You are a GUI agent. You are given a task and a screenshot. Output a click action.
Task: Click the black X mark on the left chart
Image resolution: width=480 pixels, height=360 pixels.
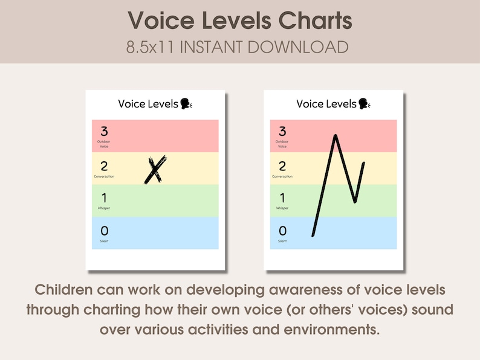coord(155,170)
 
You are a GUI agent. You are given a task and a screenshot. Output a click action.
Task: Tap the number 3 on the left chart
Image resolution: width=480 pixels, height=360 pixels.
coord(104,131)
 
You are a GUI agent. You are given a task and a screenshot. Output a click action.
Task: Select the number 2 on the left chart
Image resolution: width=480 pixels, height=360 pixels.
coord(104,166)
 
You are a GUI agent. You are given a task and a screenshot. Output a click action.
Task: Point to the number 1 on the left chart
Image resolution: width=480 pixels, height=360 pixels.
coord(104,198)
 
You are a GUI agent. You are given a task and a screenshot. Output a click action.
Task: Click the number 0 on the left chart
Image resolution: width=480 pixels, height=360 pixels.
coord(104,230)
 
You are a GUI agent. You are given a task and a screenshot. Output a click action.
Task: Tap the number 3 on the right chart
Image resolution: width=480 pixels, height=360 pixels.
coord(282,131)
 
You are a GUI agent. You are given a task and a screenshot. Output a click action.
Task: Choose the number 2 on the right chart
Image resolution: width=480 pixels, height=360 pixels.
coord(282,166)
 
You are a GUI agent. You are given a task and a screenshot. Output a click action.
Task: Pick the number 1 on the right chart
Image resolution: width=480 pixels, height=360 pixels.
coord(282,198)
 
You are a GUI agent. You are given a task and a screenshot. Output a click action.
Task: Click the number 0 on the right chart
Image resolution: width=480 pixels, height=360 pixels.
coord(282,230)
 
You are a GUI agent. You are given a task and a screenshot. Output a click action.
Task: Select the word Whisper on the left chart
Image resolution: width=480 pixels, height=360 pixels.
coord(104,208)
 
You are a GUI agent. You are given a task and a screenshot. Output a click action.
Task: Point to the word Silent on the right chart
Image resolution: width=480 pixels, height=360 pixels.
coord(282,241)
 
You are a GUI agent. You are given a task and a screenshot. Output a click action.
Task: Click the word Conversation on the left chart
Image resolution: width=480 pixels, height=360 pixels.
coord(104,176)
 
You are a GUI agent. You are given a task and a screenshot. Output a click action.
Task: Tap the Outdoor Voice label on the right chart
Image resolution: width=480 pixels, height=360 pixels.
coord(282,144)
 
